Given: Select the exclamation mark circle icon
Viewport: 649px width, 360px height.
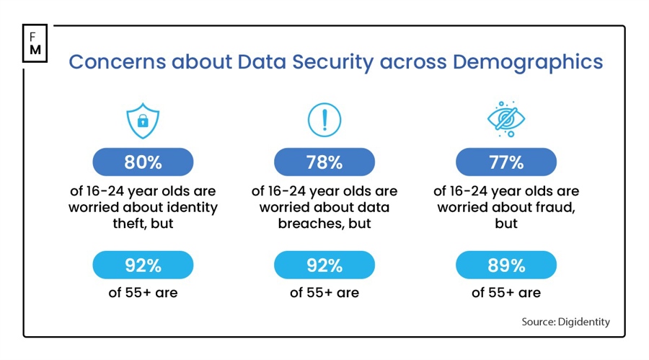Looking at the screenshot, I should coord(324,120).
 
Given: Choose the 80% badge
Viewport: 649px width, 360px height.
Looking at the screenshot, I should coord(143,162).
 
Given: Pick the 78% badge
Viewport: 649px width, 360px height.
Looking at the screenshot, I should coord(324,162).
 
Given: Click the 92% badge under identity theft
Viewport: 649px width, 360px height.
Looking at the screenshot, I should coord(143,265).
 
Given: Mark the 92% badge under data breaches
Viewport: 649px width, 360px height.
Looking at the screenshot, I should coord(324,265).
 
